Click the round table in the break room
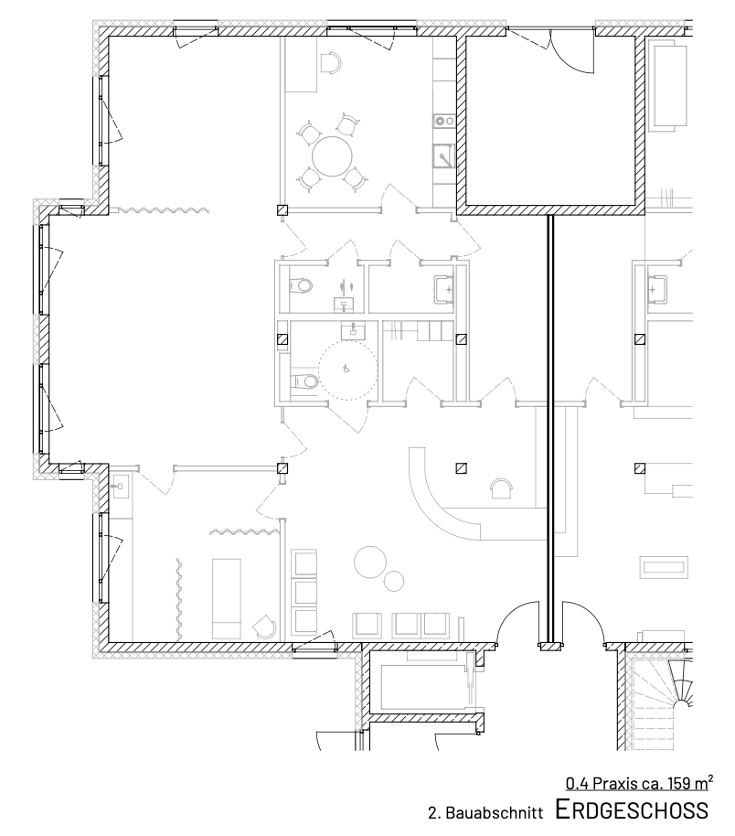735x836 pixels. click(x=332, y=156)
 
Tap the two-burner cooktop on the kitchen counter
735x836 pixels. click(x=443, y=121)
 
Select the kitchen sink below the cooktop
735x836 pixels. click(x=443, y=155)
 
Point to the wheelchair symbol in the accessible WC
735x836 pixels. click(x=346, y=368)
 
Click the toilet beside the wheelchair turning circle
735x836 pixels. click(x=304, y=381)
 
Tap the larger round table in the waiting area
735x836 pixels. click(x=370, y=562)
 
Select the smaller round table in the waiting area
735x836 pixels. click(x=394, y=581)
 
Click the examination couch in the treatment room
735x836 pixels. click(x=227, y=598)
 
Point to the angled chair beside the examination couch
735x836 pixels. click(x=265, y=627)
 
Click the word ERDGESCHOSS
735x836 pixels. click(x=632, y=809)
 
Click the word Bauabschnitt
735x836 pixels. click(x=494, y=813)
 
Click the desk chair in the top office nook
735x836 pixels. click(x=332, y=62)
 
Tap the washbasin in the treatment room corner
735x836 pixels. click(x=121, y=486)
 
